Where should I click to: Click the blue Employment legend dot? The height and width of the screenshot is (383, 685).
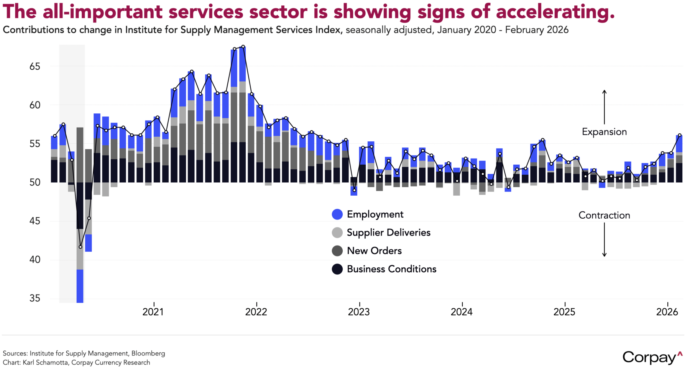pyautogui.click(x=337, y=214)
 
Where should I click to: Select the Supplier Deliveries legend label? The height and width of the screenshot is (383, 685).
pyautogui.click(x=388, y=232)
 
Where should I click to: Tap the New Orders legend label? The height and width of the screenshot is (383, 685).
pyautogui.click(x=374, y=251)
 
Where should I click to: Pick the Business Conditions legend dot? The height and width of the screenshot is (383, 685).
pyautogui.click(x=337, y=269)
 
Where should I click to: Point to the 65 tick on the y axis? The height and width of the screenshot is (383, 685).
pyautogui.click(x=35, y=67)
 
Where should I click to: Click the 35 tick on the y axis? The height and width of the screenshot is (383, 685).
pyautogui.click(x=35, y=298)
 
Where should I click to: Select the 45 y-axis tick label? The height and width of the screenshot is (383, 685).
pyautogui.click(x=35, y=221)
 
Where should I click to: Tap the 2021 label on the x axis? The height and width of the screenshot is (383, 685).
pyautogui.click(x=153, y=312)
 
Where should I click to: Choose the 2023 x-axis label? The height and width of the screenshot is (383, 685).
pyautogui.click(x=359, y=312)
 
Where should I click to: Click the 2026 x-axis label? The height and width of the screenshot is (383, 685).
pyautogui.click(x=667, y=312)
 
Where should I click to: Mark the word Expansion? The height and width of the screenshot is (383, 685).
pyautogui.click(x=604, y=132)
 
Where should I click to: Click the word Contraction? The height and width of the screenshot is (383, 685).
pyautogui.click(x=604, y=215)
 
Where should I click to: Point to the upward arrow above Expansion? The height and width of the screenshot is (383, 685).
pyautogui.click(x=604, y=107)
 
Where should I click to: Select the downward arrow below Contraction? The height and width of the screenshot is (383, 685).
pyautogui.click(x=604, y=240)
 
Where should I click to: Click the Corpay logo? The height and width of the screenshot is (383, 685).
pyautogui.click(x=652, y=357)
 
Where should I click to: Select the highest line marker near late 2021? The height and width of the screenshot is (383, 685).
pyautogui.click(x=243, y=47)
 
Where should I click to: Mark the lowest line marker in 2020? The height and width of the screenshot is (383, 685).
pyautogui.click(x=80, y=247)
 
